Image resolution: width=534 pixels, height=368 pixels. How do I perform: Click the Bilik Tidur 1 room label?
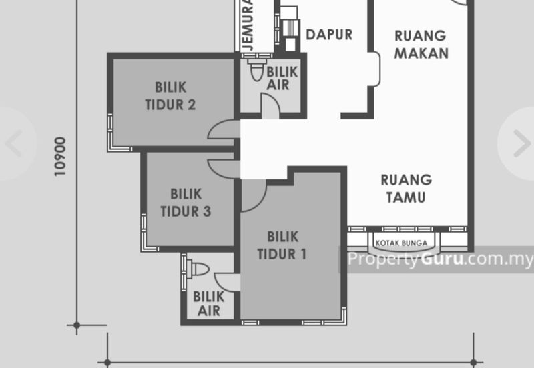pos(282,245)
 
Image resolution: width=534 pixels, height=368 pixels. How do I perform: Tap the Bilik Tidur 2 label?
pos(170,96)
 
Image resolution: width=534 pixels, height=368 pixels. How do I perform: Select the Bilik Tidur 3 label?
pos(186,203)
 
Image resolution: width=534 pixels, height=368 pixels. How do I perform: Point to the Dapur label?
pos(329,35)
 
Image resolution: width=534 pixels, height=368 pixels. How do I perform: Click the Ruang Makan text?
pos(421,45)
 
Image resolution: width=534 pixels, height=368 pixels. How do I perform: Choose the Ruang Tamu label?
pos(407,189)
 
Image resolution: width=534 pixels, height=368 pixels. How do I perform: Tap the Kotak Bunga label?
pos(401,243)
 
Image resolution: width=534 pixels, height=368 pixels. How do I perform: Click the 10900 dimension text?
pos(60,157)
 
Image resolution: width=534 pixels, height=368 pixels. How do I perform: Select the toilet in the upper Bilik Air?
pos(258,69)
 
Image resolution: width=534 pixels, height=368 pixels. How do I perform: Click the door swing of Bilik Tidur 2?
pos(224,129)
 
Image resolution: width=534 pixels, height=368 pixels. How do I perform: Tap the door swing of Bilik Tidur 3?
pos(224,169)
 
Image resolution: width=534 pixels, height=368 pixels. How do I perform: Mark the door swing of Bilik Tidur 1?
pos(254,195)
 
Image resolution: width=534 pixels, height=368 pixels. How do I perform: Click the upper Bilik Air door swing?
pos(270,106)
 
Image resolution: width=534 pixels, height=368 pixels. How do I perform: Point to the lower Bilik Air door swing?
pos(227,282)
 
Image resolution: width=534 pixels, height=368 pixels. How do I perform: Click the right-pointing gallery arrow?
pos(522,143)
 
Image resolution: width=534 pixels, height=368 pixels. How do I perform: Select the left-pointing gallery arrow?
pos(14,143)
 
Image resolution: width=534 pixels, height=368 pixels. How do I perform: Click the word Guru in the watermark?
pos(442,259)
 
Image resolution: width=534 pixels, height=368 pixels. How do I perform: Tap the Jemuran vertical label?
pos(248,25)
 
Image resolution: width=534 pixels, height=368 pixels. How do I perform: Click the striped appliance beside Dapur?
pos(291,28)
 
